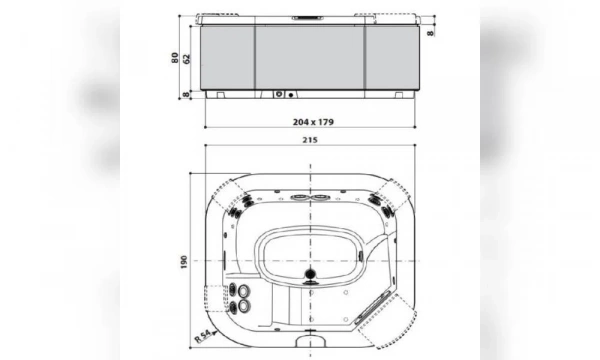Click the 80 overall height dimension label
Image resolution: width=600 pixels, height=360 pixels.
[174, 57]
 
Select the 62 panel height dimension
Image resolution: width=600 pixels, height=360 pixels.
[185, 57]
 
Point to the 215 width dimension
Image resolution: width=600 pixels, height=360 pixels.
[309, 140]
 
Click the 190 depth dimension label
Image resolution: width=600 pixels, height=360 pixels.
[183, 261]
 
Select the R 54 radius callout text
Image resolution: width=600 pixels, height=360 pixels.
[202, 329]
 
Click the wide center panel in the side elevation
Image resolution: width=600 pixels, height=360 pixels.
[309, 56]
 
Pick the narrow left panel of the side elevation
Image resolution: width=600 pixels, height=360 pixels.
[229, 56]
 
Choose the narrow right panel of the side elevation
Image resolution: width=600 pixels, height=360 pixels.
[390, 56]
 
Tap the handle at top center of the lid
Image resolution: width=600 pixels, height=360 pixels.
[309, 18]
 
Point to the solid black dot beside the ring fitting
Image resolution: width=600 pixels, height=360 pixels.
[292, 96]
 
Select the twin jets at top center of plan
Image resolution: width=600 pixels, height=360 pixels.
[309, 195]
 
